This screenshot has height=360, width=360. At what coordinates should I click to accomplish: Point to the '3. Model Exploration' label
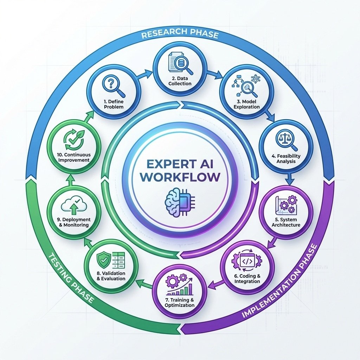click(246, 104)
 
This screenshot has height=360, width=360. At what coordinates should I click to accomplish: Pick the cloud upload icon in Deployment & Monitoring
click(73, 205)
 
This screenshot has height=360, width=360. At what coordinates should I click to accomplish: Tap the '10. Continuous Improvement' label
click(73, 157)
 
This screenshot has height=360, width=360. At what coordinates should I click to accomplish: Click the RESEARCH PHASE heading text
click(180, 36)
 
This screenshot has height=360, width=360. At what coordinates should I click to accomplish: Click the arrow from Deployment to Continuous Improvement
click(69, 180)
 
